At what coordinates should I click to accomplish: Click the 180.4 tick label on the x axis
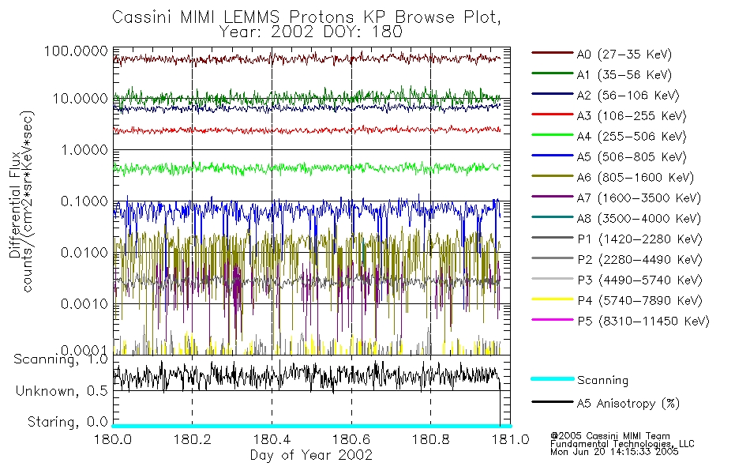[272, 440]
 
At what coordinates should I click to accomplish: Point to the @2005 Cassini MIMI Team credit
[601, 435]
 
